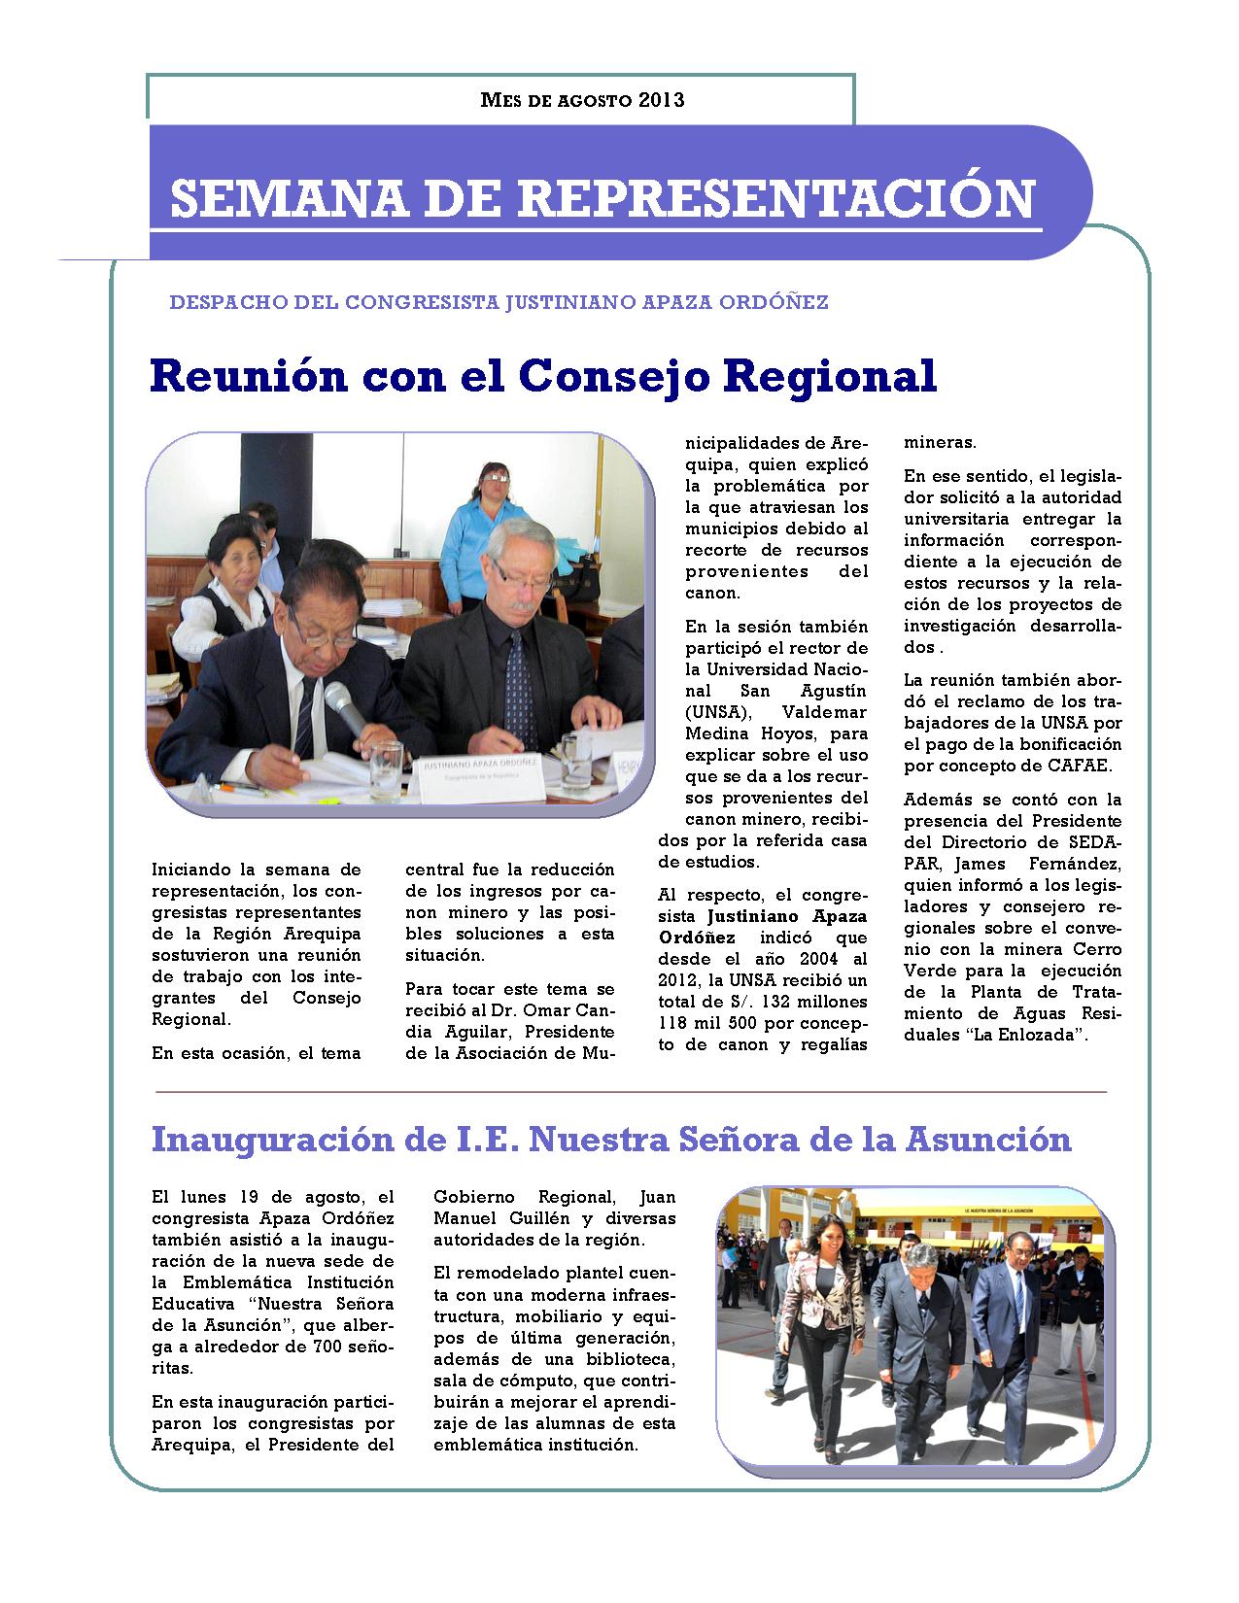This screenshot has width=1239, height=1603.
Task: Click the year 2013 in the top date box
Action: [x=662, y=100]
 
